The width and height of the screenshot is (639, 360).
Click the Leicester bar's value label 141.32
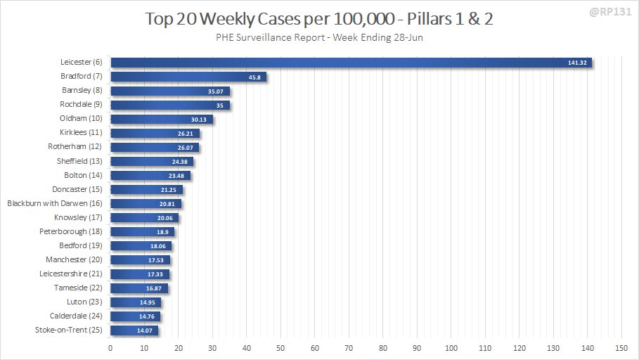tap(577, 63)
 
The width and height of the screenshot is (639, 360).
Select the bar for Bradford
tap(188, 77)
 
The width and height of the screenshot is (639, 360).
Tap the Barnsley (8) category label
tap(81, 91)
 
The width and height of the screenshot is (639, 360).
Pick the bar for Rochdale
tap(169, 105)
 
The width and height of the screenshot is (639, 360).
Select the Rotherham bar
tap(155, 148)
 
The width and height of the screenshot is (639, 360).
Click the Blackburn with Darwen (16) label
tap(55, 203)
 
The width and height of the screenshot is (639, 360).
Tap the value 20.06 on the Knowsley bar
tap(165, 218)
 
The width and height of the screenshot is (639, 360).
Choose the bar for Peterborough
tap(143, 232)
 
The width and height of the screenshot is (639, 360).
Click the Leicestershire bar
tap(140, 274)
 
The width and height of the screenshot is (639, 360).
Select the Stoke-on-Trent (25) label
tap(68, 330)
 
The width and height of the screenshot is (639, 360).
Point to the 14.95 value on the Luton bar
tap(148, 302)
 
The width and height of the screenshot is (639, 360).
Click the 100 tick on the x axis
tap(451, 348)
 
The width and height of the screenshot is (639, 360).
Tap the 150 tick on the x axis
tap(621, 348)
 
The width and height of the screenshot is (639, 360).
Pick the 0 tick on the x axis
tap(110, 348)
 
